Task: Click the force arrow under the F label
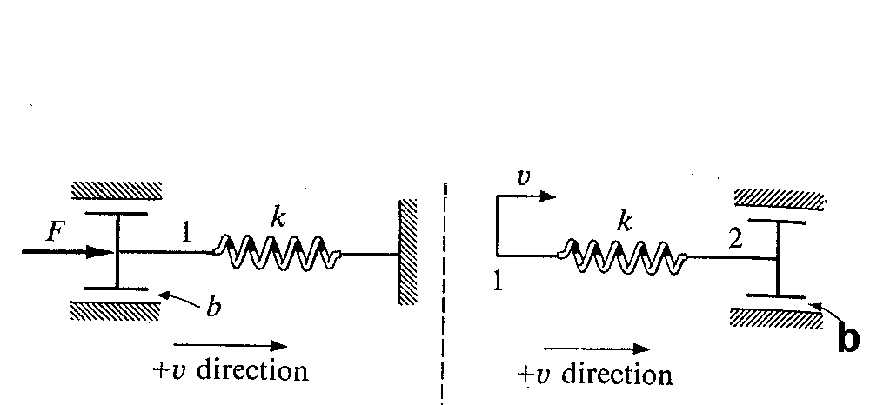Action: (x=68, y=252)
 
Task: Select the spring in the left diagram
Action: (x=278, y=253)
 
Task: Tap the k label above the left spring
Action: (x=278, y=218)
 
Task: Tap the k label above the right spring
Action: (x=625, y=222)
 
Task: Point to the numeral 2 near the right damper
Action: (x=735, y=239)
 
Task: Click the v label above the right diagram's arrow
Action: (x=523, y=176)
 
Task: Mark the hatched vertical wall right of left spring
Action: (x=408, y=251)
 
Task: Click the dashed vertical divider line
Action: (x=444, y=293)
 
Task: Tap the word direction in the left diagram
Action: (x=252, y=370)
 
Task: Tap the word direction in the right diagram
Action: (x=617, y=375)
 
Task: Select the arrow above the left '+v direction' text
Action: (x=231, y=346)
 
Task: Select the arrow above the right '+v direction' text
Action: (x=597, y=349)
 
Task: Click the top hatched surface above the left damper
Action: (x=117, y=190)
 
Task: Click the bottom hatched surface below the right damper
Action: (x=776, y=319)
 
